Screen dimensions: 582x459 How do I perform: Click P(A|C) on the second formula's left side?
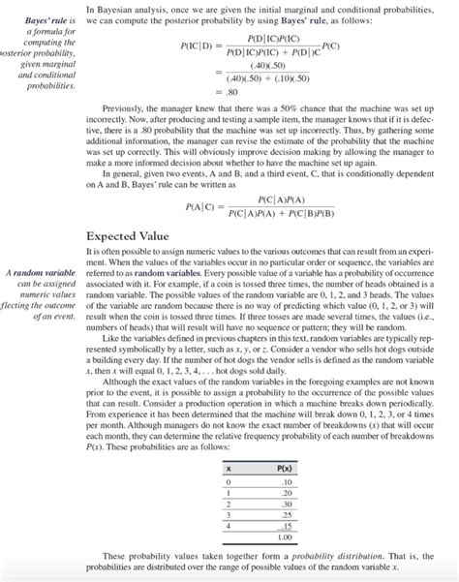[x=203, y=207]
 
